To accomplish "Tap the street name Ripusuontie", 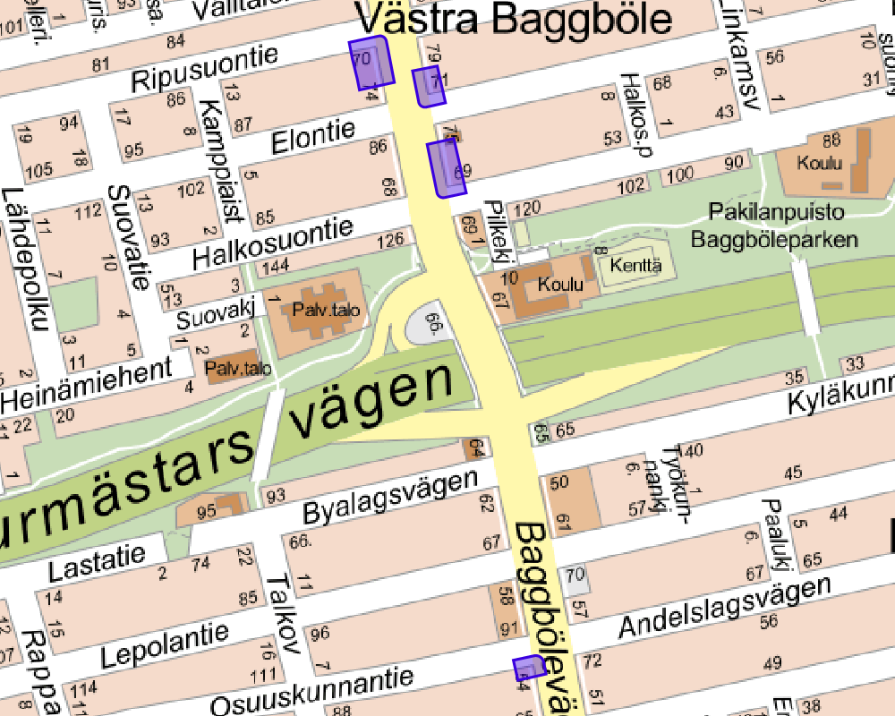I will coord(205,70).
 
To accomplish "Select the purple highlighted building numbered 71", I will coord(430,87).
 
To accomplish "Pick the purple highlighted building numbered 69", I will coord(447,168).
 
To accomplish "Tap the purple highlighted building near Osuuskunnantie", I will coord(529,668).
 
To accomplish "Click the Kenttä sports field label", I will coord(635,265).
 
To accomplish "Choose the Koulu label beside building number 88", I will coord(823,163).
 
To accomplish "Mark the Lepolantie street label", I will coord(164,646).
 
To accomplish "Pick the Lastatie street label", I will coord(97,565).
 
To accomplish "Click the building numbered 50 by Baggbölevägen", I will coord(559,483).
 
